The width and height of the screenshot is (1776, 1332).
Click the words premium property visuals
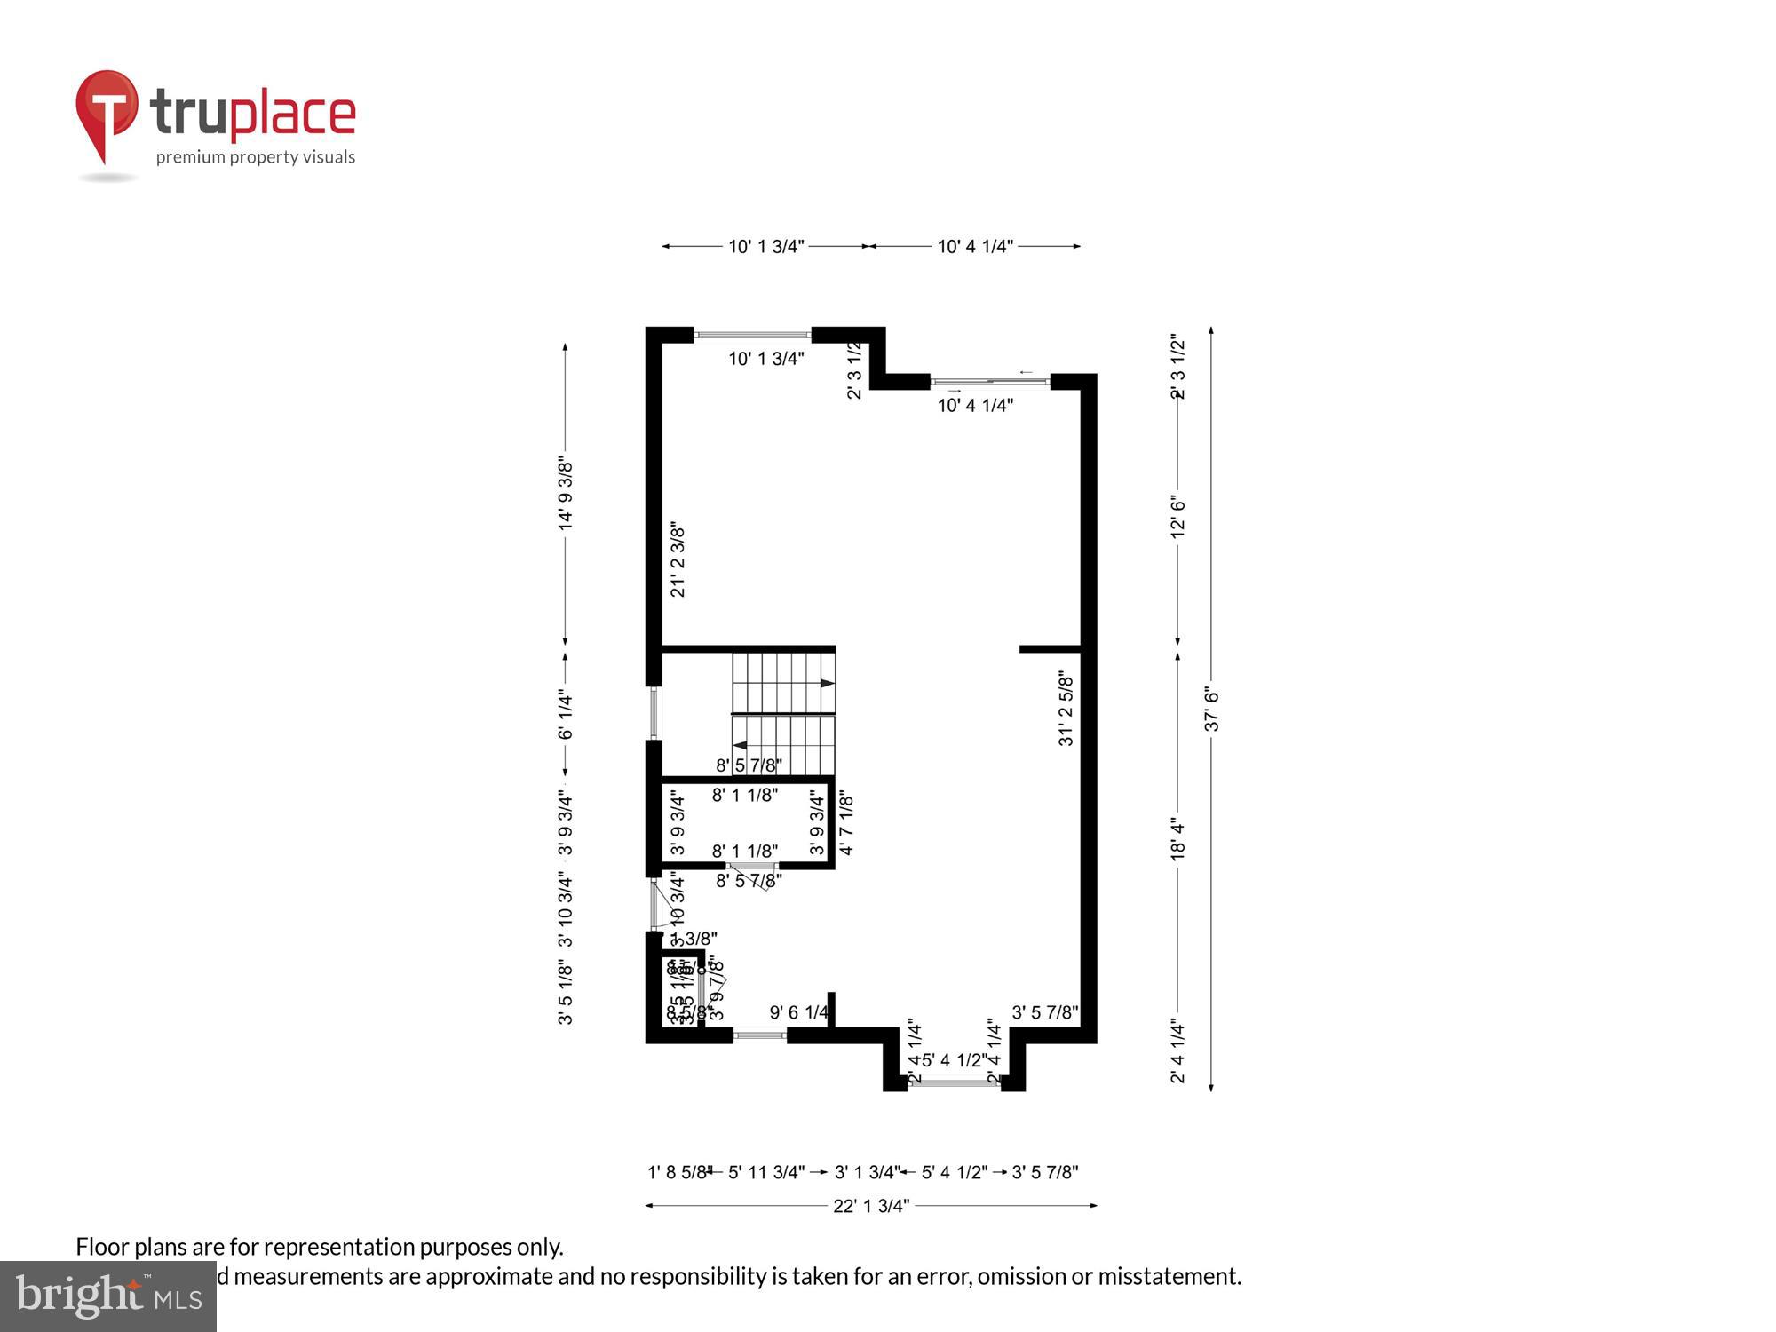coord(256,157)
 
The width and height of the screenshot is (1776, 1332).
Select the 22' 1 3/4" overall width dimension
coord(871,1206)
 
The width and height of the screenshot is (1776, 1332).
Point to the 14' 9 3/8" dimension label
coord(566,495)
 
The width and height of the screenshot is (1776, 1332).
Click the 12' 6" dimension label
coord(1178,516)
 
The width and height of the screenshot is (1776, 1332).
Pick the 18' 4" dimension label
coord(1178,839)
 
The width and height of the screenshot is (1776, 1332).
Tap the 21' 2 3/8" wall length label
coord(678,559)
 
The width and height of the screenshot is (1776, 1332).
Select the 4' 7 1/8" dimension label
coord(846,824)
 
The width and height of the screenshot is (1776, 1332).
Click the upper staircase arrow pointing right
coord(827,683)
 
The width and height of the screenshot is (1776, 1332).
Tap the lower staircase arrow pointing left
coord(740,746)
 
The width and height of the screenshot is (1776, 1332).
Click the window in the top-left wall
coord(752,335)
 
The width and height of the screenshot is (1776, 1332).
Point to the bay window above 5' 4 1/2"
coord(955,1082)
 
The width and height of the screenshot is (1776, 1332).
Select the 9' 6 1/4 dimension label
coord(800,1012)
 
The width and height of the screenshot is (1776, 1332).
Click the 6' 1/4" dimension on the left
coord(566,715)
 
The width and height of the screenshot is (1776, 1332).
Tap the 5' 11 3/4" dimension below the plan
coord(765,1172)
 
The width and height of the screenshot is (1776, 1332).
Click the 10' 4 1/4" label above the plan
coord(975,246)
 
